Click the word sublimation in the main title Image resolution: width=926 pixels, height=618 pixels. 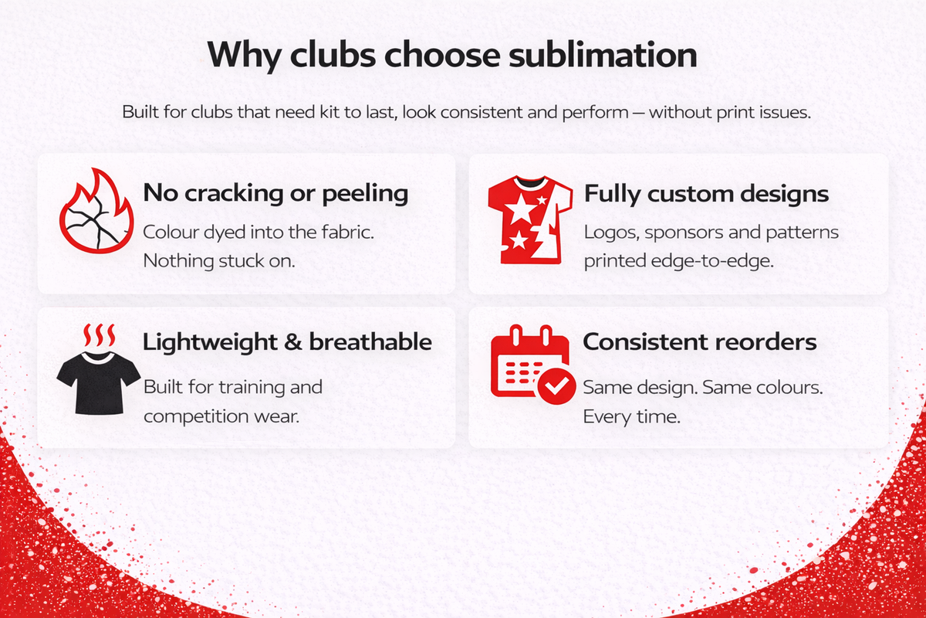pyautogui.click(x=603, y=55)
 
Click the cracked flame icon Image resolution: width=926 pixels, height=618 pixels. pyautogui.click(x=96, y=211)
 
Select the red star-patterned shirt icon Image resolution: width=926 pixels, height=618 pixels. pyautogui.click(x=530, y=220)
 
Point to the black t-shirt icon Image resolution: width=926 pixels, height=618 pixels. pyautogui.click(x=99, y=382)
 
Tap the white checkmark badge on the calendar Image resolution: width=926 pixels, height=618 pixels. pyautogui.click(x=556, y=385)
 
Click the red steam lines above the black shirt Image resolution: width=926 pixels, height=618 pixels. pyautogui.click(x=100, y=335)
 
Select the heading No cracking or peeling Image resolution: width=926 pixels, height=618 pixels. pyautogui.click(x=275, y=193)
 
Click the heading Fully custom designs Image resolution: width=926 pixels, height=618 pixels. pyautogui.click(x=707, y=194)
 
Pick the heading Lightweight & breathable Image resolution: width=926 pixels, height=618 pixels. pyautogui.click(x=287, y=342)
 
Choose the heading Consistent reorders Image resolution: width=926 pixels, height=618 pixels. pyautogui.click(x=700, y=342)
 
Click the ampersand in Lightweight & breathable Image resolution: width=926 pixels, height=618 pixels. pyautogui.click(x=292, y=343)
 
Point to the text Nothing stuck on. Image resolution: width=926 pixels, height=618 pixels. pyautogui.click(x=219, y=261)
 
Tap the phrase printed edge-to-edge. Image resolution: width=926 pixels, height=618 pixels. pyautogui.click(x=679, y=262)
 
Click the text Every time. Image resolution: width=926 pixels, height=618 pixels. pyautogui.click(x=632, y=417)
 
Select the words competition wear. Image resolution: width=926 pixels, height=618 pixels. pyautogui.click(x=221, y=417)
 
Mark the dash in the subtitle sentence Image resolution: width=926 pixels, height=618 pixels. pyautogui.click(x=638, y=113)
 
